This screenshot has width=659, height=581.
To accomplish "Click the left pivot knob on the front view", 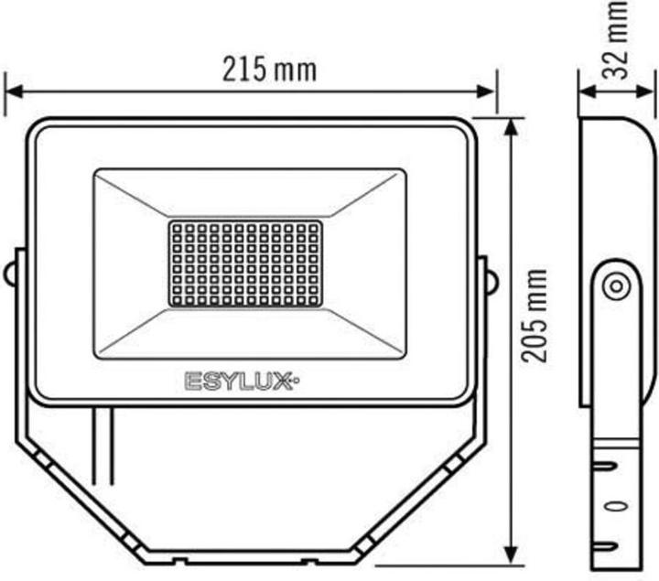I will pyautogui.click(x=9, y=274).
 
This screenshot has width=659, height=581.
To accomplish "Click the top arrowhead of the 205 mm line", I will pyautogui.click(x=509, y=124).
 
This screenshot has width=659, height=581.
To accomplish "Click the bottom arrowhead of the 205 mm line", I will pyautogui.click(x=509, y=558).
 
